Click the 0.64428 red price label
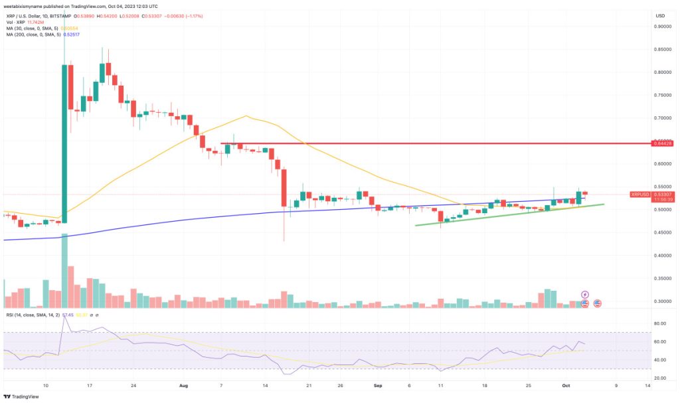click(663, 143)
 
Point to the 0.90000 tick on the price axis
click(661, 27)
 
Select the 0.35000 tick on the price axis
click(661, 278)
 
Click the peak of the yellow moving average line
click(246, 116)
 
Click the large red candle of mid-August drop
click(284, 187)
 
